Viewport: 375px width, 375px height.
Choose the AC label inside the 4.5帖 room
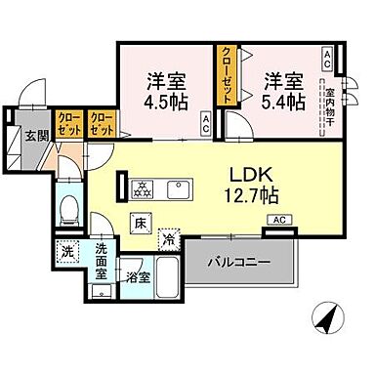[206, 123]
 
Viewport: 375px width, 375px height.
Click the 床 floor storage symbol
[139, 224]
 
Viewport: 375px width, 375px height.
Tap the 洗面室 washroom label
[103, 262]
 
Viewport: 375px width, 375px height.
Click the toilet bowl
[67, 208]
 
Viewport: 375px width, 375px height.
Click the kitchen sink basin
[180, 186]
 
